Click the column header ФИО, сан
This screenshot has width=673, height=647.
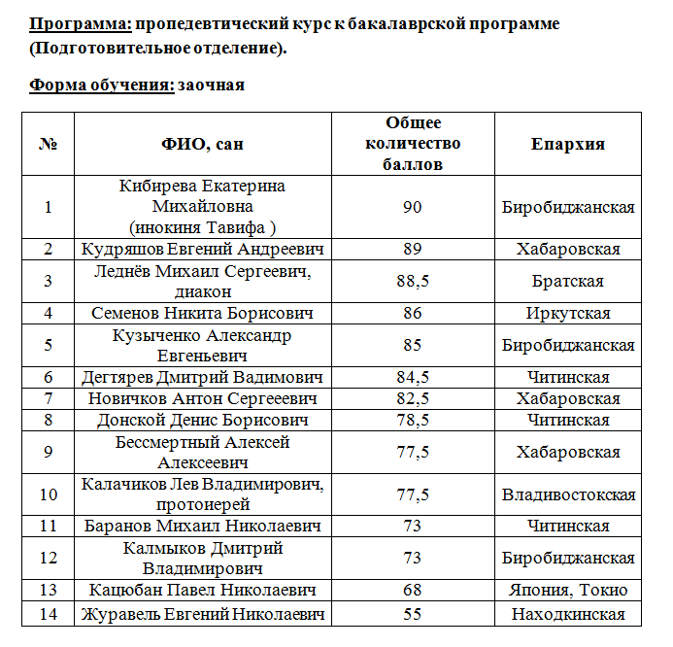point(203,144)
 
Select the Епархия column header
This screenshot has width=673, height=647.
point(568,144)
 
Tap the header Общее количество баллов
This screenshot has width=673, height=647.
point(413,144)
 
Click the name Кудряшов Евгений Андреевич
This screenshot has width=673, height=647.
point(203,250)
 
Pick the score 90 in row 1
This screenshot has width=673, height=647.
point(413,207)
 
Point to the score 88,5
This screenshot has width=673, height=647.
point(413,282)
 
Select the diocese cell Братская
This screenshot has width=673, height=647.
point(568,282)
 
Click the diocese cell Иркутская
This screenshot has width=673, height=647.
point(568,314)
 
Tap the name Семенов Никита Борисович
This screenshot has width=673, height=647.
point(203,314)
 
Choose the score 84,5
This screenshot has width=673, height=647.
point(413,378)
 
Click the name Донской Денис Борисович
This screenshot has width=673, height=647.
point(203,421)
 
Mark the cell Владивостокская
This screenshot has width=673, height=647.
point(568,495)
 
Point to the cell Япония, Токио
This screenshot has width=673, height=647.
point(568,591)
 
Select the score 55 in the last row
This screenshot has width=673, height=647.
point(413,614)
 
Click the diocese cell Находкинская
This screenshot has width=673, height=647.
point(568,614)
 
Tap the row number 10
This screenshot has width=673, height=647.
point(49,495)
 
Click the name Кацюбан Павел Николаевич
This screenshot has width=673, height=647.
point(203,591)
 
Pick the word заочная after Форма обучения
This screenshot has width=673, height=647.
point(211,85)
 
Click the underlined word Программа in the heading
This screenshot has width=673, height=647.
point(80,24)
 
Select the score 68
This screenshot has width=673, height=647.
point(413,591)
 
